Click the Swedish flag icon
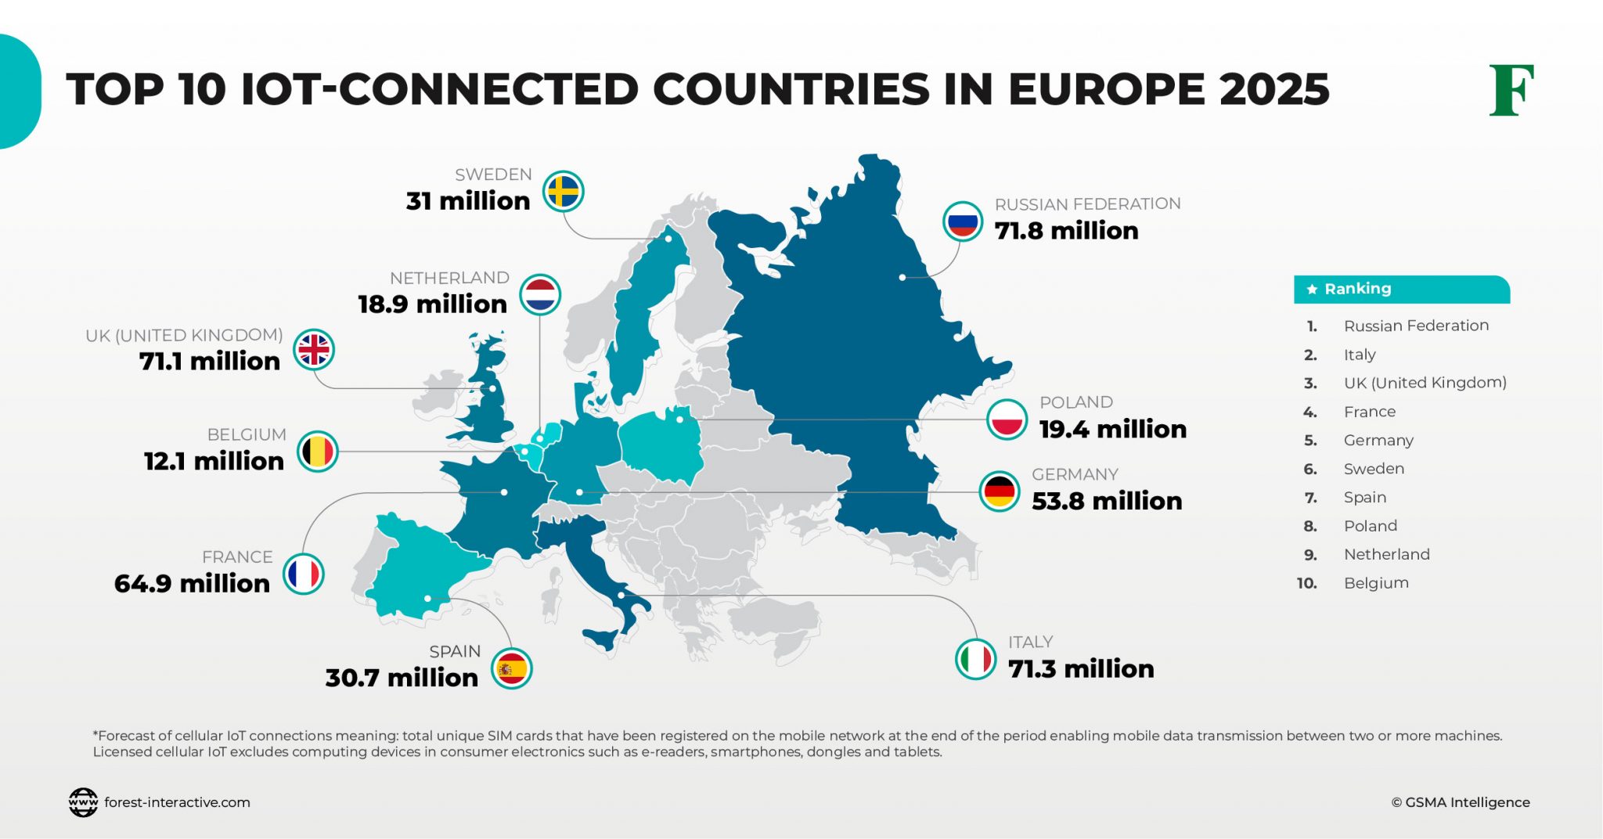tap(563, 192)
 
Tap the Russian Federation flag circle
tap(962, 221)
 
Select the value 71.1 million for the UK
tap(210, 362)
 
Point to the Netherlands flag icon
tap(540, 295)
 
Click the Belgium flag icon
tap(318, 452)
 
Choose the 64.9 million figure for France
tap(192, 584)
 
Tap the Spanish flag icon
tap(512, 669)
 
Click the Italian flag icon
tap(975, 659)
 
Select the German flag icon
tap(1000, 492)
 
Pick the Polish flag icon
tap(1007, 419)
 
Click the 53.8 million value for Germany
tap(1106, 501)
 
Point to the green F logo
tap(1511, 91)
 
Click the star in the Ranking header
tap(1312, 290)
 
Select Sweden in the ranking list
tap(1374, 469)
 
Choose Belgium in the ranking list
tap(1376, 583)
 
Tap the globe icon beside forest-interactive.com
tap(83, 802)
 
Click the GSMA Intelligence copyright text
tap(1460, 802)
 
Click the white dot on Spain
tap(427, 599)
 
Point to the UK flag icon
tap(314, 350)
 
